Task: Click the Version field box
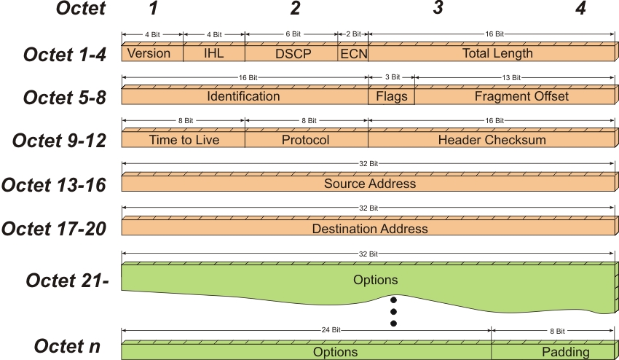[x=152, y=53]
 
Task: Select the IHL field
[x=214, y=53]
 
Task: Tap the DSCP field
[x=291, y=53]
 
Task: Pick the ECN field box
[x=353, y=53]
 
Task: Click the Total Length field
[x=492, y=53]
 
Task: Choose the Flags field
[x=391, y=96]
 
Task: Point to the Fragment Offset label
[x=521, y=96]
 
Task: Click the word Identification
[x=243, y=96]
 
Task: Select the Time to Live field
[x=184, y=139]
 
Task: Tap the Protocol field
[x=307, y=139]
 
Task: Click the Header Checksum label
[x=492, y=140]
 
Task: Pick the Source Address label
[x=370, y=184]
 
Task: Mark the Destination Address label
[x=370, y=228]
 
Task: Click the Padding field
[x=553, y=352]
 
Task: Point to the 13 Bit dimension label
[x=511, y=77]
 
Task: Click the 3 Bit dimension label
[x=393, y=77]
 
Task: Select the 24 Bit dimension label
[x=331, y=329]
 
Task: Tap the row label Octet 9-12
[x=59, y=141]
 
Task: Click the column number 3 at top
[x=438, y=8]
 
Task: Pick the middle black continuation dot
[x=393, y=312]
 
